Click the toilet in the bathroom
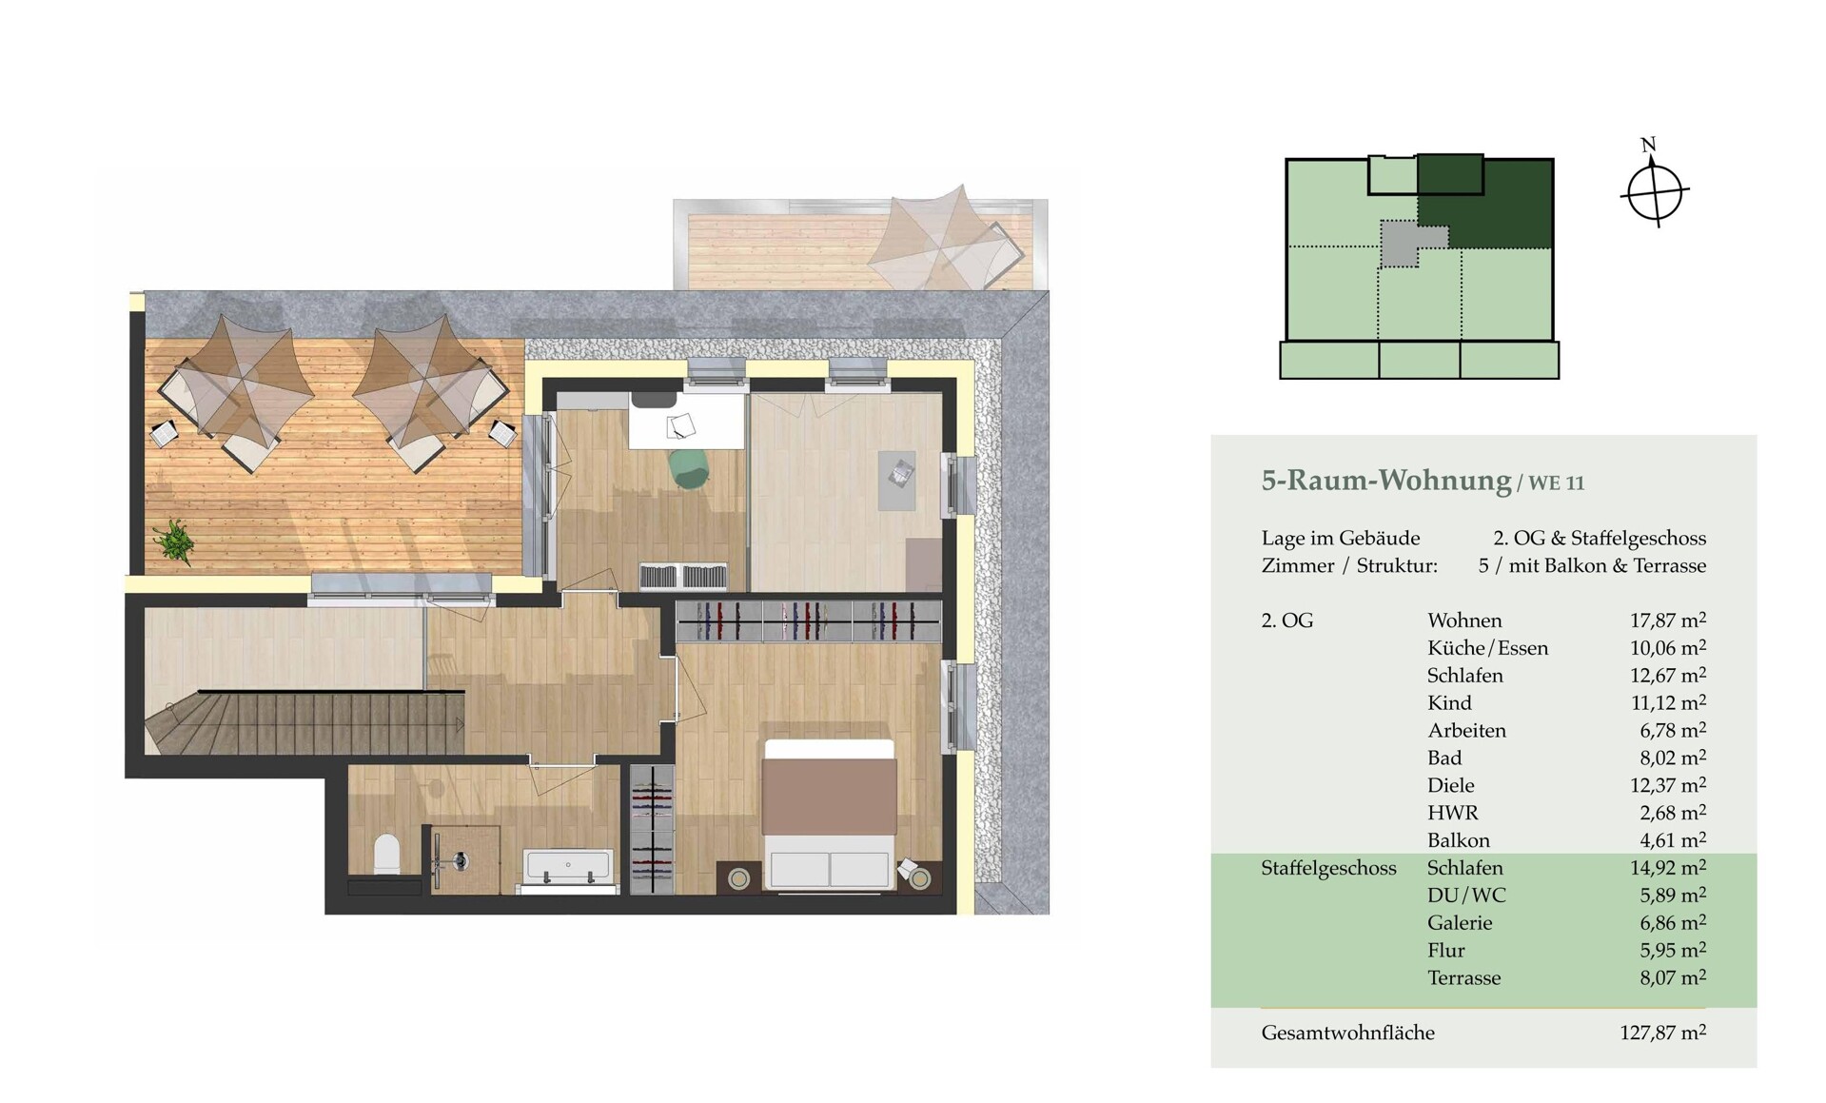[386, 854]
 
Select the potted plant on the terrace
[174, 542]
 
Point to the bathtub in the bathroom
[567, 867]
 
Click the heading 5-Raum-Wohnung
[1385, 481]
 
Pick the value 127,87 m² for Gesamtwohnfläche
[1662, 1032]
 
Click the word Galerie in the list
[1460, 923]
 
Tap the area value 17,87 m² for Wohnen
[1667, 620]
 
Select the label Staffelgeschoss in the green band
[1328, 869]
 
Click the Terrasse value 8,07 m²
[1673, 977]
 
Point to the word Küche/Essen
[1487, 648]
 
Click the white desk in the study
[686, 422]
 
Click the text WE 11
[1557, 483]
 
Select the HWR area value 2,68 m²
[1673, 813]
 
